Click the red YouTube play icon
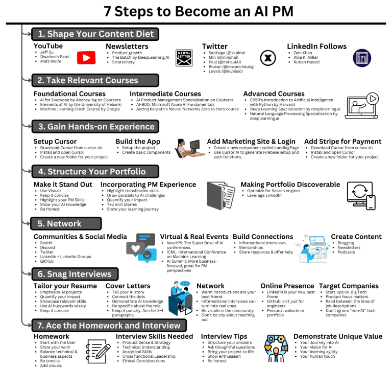(86, 58)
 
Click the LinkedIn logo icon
(362, 57)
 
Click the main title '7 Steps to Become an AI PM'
(195, 12)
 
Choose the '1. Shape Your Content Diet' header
(95, 34)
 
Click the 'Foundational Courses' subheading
(69, 94)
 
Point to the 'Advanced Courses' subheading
(274, 94)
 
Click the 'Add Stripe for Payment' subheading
(342, 142)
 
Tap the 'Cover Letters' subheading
(129, 286)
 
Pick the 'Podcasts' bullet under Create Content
(346, 252)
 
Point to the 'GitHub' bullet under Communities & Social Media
(47, 261)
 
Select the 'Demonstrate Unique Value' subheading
(337, 336)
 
